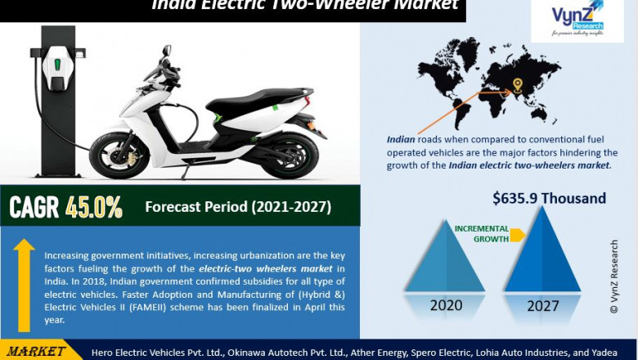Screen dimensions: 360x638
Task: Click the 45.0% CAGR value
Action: pyautogui.click(x=90, y=207)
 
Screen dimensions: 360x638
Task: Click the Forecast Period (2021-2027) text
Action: pyautogui.click(x=238, y=207)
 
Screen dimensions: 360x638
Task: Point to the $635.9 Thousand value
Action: pyautogui.click(x=549, y=198)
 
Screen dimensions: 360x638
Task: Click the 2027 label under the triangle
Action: pyautogui.click(x=543, y=306)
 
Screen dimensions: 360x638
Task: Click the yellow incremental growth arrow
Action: pyautogui.click(x=517, y=236)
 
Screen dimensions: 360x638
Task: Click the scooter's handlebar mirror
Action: pyautogui.click(x=167, y=52)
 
